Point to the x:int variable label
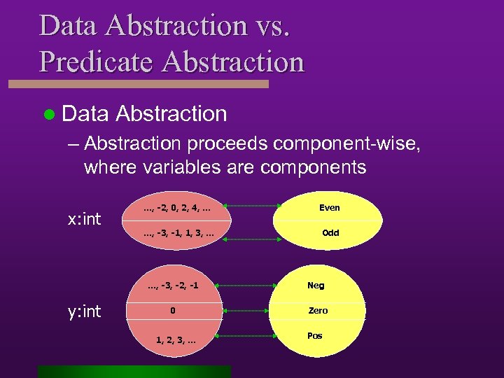coord(84,219)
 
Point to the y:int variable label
coord(84,311)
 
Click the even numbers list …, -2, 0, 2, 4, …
coord(176,206)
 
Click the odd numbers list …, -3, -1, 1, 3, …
coord(176,232)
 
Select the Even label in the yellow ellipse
coord(329,207)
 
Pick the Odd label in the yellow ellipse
coord(330,232)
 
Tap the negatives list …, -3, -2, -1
coord(173,285)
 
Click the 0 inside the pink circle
coord(173,310)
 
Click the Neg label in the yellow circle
coord(316,285)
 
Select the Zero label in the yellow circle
coord(318,310)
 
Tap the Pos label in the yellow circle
coord(315,336)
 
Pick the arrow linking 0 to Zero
coord(246,310)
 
